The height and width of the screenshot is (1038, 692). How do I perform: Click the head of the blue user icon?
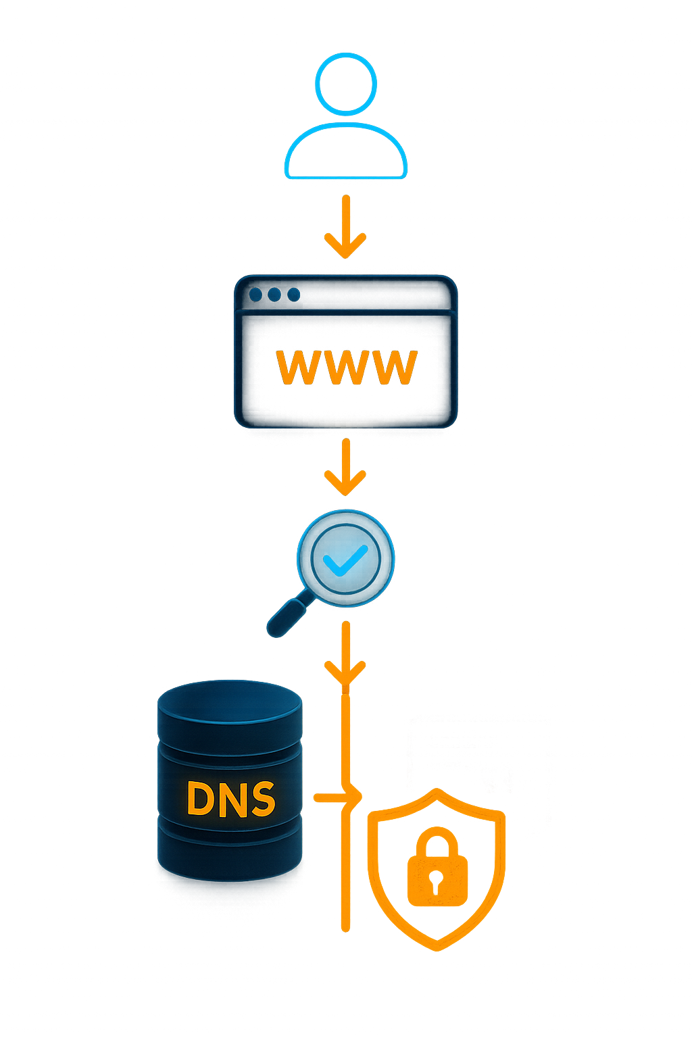[x=345, y=84]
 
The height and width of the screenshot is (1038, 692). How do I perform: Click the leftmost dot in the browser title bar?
[x=255, y=295]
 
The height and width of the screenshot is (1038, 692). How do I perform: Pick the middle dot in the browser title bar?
[x=274, y=295]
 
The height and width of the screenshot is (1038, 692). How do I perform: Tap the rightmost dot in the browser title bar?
[x=293, y=295]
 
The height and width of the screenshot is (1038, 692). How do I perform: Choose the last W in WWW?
[x=395, y=368]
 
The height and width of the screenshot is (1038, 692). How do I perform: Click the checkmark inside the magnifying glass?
[x=345, y=560]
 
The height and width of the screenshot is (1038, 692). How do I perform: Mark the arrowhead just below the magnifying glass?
[x=345, y=670]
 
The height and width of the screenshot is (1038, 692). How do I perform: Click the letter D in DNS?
[x=201, y=799]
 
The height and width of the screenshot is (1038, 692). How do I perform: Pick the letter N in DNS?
[x=232, y=799]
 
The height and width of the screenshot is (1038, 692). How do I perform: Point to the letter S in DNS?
[x=262, y=799]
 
